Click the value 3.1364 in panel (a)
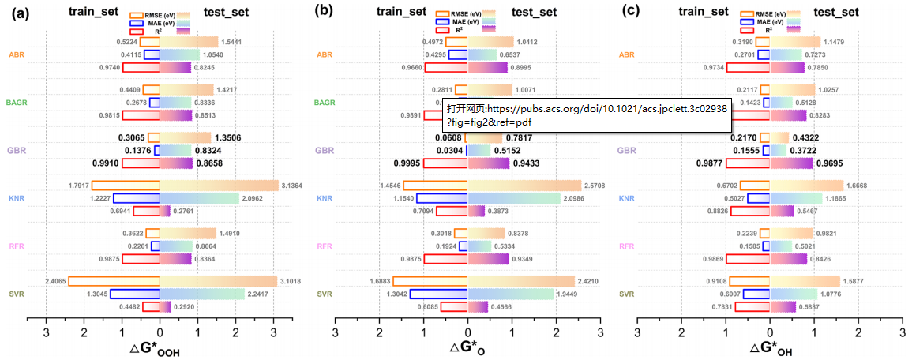(293, 186)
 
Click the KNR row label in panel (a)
(17, 198)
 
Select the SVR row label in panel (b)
(325, 294)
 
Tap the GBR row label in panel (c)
(626, 150)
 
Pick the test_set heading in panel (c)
(836, 11)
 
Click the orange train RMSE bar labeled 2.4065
(114, 281)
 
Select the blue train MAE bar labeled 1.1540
(442, 198)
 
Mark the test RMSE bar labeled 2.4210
(521, 281)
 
